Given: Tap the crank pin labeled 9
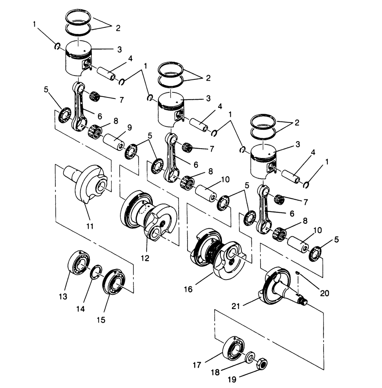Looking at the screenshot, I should (114, 142).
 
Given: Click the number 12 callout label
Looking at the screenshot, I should (145, 258).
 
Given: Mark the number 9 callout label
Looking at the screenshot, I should (129, 128).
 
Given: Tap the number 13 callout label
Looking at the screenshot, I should (63, 296).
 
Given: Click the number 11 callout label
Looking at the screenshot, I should (90, 226).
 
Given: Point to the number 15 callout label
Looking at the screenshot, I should (101, 319).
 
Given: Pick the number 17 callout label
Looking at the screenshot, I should (196, 365).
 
